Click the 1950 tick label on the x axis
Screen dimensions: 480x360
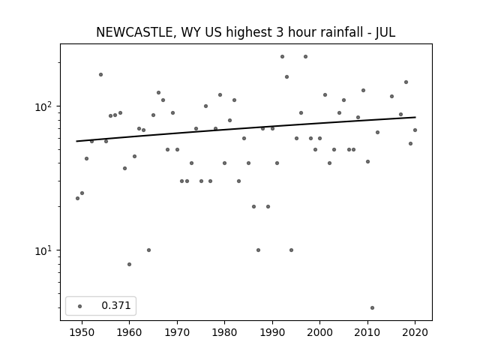point(82,332)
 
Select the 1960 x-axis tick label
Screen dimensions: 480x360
point(129,332)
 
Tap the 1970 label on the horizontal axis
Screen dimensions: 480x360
point(177,332)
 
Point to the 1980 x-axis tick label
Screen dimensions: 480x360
point(224,332)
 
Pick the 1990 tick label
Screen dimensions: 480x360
point(272,332)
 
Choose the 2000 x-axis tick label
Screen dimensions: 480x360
point(319,332)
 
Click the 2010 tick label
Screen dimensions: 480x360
point(367,332)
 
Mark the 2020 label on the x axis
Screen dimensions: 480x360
point(415,332)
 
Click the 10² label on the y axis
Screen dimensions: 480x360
point(43,106)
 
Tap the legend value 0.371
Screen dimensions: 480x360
point(116,305)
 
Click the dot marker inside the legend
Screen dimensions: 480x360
point(80,306)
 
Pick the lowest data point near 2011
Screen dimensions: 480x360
point(372,308)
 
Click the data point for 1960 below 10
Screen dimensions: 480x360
point(129,264)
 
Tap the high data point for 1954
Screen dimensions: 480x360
point(100,75)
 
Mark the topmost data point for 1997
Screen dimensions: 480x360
point(305,57)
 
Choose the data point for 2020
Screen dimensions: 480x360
point(415,130)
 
